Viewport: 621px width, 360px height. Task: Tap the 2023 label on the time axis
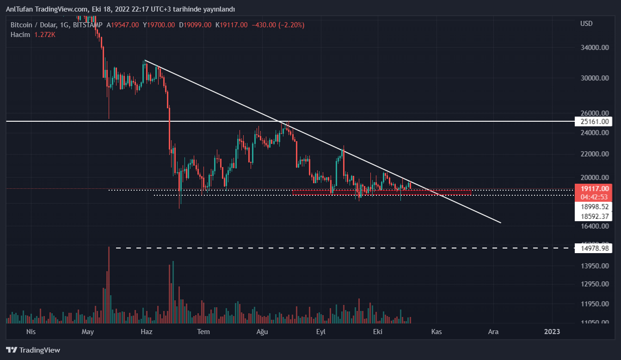point(552,332)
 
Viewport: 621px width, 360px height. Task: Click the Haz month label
point(146,332)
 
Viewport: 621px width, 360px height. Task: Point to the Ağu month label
point(262,332)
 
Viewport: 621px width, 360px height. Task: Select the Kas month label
point(436,332)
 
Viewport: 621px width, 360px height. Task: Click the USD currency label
point(586,24)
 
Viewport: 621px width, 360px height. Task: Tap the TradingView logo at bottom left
point(33,350)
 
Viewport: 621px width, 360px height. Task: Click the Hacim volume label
point(20,35)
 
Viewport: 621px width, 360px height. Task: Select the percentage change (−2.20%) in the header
point(291,25)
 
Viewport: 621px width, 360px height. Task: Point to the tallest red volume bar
point(109,285)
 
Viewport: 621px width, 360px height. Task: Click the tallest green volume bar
point(173,292)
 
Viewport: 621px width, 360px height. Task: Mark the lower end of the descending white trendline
point(500,223)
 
